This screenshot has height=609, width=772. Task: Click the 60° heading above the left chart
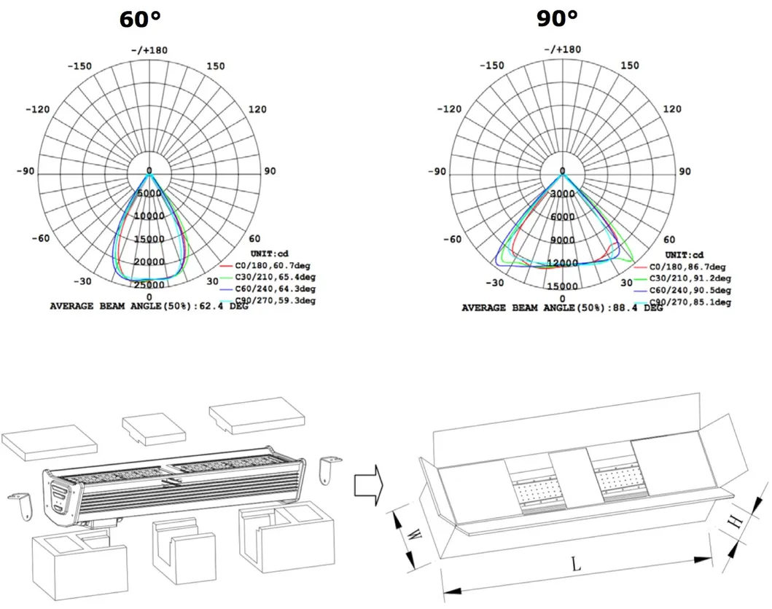point(140,19)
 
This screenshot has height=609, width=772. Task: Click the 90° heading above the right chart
point(558,19)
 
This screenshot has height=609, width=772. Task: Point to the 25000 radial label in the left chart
point(149,285)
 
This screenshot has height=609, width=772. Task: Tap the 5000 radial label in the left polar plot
point(149,193)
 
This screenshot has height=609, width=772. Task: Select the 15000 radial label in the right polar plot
point(562,286)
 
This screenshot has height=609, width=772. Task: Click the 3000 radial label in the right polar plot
point(562,195)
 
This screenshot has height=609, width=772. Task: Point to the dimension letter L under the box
point(576,563)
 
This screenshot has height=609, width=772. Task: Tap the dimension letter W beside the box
point(413,535)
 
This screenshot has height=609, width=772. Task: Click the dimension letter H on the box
point(736,522)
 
